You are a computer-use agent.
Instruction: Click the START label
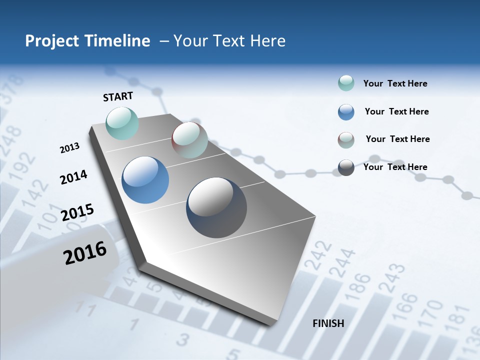[x=118, y=96]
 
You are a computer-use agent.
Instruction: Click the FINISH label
[x=328, y=323]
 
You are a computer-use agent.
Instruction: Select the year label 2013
[x=69, y=148]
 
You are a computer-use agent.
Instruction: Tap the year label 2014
[x=73, y=177]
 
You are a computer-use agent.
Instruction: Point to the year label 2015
[x=77, y=212]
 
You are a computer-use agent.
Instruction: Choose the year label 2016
[x=85, y=253]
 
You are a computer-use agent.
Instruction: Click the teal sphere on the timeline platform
[x=122, y=123]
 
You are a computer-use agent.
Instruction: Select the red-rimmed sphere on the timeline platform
[x=189, y=140]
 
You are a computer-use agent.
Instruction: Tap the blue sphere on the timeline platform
[x=145, y=180]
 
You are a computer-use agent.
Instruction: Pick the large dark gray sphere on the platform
[x=216, y=207]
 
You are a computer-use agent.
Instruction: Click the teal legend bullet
[x=346, y=83]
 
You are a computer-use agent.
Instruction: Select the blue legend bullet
[x=346, y=112]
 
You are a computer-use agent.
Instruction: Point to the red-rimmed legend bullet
[x=346, y=140]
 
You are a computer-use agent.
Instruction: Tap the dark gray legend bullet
[x=346, y=167]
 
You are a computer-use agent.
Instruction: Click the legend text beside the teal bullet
[x=395, y=83]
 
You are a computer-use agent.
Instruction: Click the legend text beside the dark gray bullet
[x=395, y=167]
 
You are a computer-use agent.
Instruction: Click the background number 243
[x=392, y=278]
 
